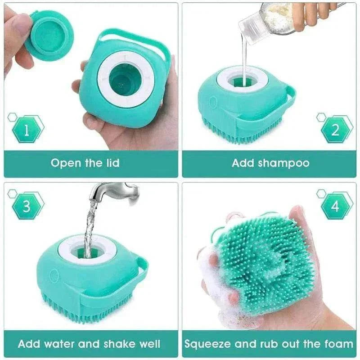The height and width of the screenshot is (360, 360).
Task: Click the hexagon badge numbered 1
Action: [x=27, y=130]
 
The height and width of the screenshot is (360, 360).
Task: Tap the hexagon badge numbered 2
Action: [x=335, y=130]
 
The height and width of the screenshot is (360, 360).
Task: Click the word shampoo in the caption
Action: [x=283, y=163]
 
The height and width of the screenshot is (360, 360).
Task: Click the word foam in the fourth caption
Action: [x=337, y=344]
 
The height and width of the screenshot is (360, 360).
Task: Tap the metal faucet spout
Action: [x=115, y=191]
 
